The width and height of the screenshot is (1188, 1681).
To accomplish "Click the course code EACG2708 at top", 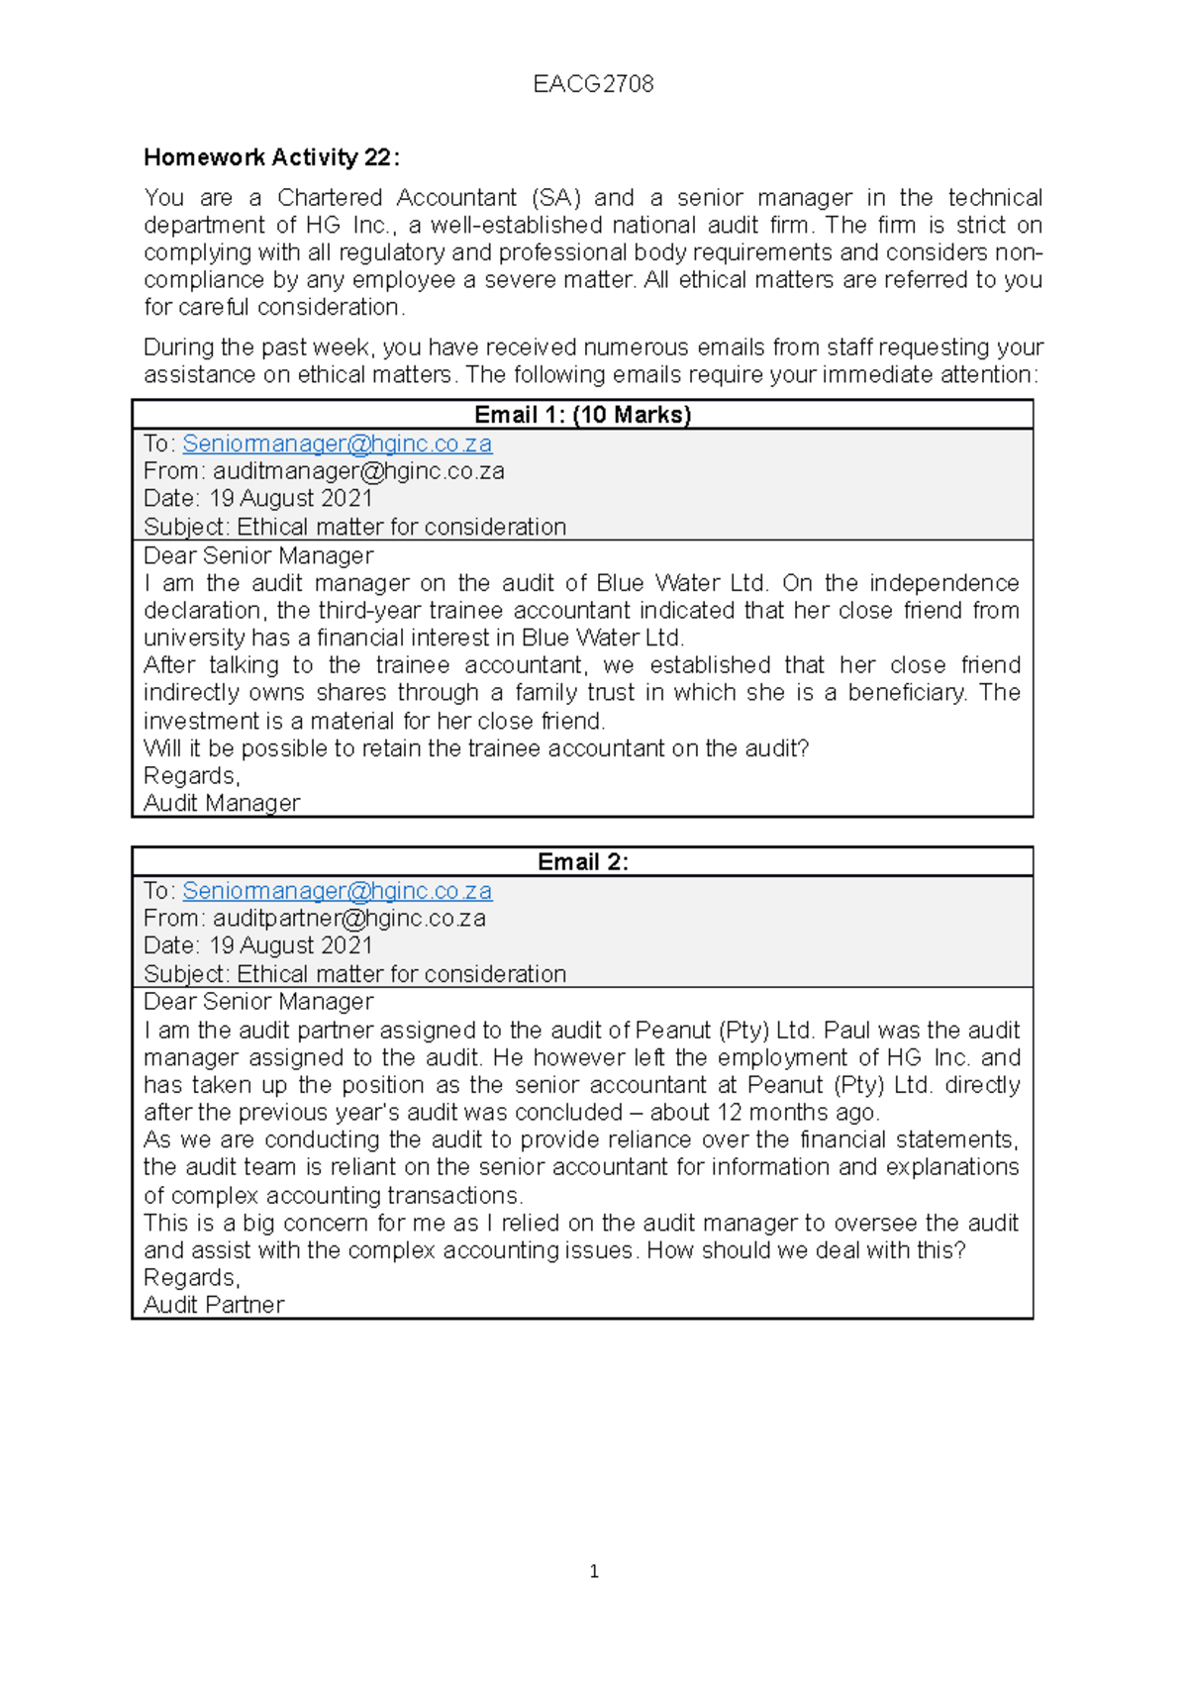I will (593, 84).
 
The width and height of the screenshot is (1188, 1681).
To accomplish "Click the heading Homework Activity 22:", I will (271, 157).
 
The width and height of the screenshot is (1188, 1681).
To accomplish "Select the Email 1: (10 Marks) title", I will (582, 415).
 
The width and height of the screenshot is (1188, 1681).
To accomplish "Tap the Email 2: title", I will (582, 862).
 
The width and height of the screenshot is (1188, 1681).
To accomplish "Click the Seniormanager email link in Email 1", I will (337, 444).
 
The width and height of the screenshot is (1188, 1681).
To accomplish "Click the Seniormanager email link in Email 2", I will (337, 891).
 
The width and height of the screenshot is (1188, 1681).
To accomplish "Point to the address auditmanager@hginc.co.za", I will (358, 471).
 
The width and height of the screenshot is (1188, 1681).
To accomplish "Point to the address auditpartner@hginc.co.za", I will (349, 919).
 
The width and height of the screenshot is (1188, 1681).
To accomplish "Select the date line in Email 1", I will (258, 499).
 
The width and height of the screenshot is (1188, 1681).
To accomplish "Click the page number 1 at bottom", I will (593, 1571).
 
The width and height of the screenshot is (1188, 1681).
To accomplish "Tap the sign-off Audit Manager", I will (222, 803).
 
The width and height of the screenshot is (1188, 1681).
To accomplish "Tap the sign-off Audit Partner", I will (214, 1305).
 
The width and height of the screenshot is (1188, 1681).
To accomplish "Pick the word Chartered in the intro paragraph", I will (329, 198).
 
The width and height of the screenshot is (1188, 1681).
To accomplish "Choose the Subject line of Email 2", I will (354, 974).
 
